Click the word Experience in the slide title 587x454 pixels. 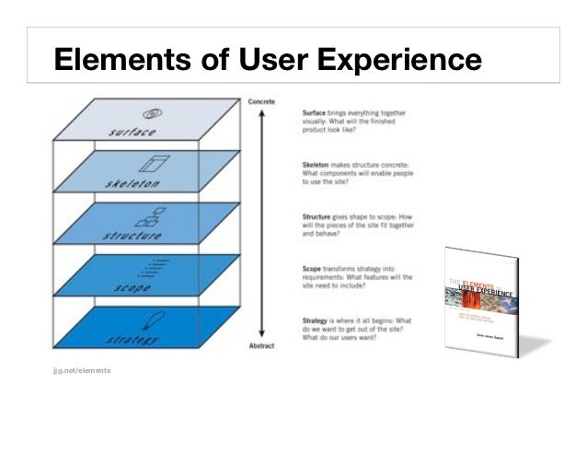point(400,61)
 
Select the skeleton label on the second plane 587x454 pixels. point(133,184)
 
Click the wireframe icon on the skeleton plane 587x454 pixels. point(149,165)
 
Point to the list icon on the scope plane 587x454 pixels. point(147,270)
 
